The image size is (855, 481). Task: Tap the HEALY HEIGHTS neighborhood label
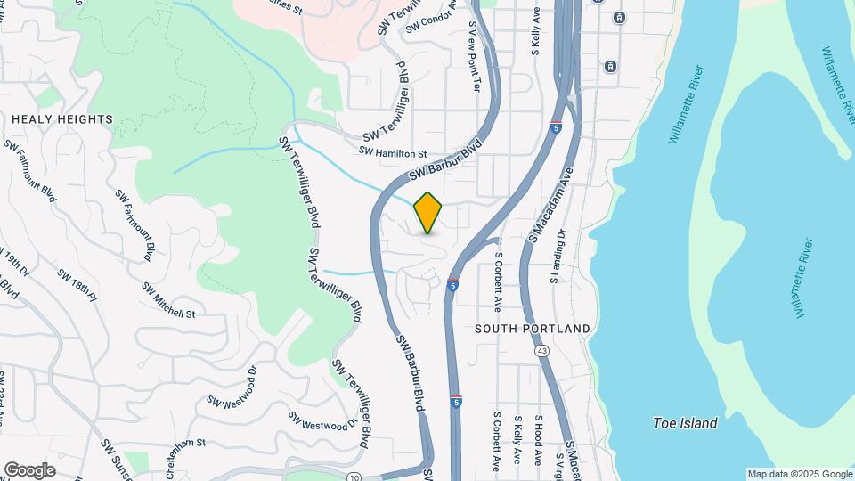(62, 119)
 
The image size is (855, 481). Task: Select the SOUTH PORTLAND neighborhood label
(533, 329)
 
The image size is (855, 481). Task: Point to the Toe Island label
(685, 423)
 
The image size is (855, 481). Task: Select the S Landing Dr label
(557, 257)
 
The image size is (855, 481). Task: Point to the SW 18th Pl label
(76, 282)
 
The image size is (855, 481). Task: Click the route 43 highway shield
(541, 352)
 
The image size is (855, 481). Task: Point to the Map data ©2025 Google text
(800, 474)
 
